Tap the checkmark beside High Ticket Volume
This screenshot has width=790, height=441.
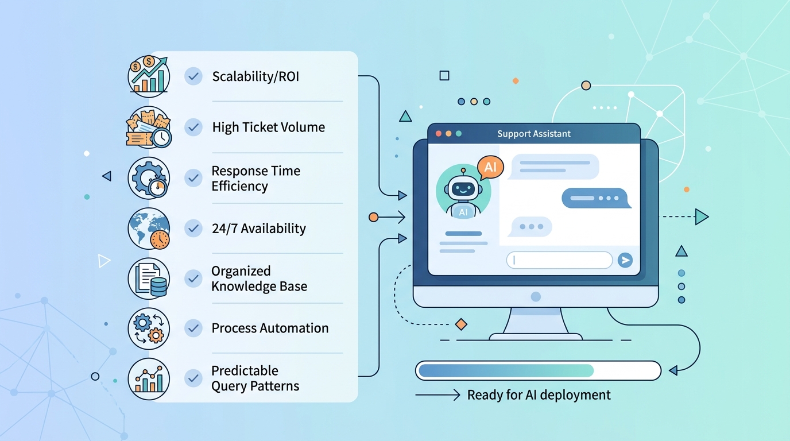[193, 127]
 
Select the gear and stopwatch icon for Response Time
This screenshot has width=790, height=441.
[149, 178]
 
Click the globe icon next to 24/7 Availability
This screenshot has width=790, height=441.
[149, 229]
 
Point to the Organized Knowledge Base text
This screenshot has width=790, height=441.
[259, 278]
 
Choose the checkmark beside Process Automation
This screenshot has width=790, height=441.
[193, 328]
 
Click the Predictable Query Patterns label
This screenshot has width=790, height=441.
[255, 378]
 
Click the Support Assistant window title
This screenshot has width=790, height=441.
[534, 134]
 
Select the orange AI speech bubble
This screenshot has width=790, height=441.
[490, 167]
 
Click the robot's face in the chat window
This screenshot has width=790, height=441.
[463, 188]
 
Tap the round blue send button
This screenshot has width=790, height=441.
[625, 260]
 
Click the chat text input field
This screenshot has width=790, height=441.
[559, 260]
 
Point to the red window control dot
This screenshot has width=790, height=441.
[439, 134]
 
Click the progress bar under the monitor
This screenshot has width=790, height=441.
[538, 370]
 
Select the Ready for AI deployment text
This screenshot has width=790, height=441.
[539, 395]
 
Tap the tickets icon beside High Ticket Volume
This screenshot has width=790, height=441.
[149, 127]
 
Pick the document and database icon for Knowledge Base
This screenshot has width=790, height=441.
[149, 278]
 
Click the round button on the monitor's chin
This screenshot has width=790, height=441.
[536, 297]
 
